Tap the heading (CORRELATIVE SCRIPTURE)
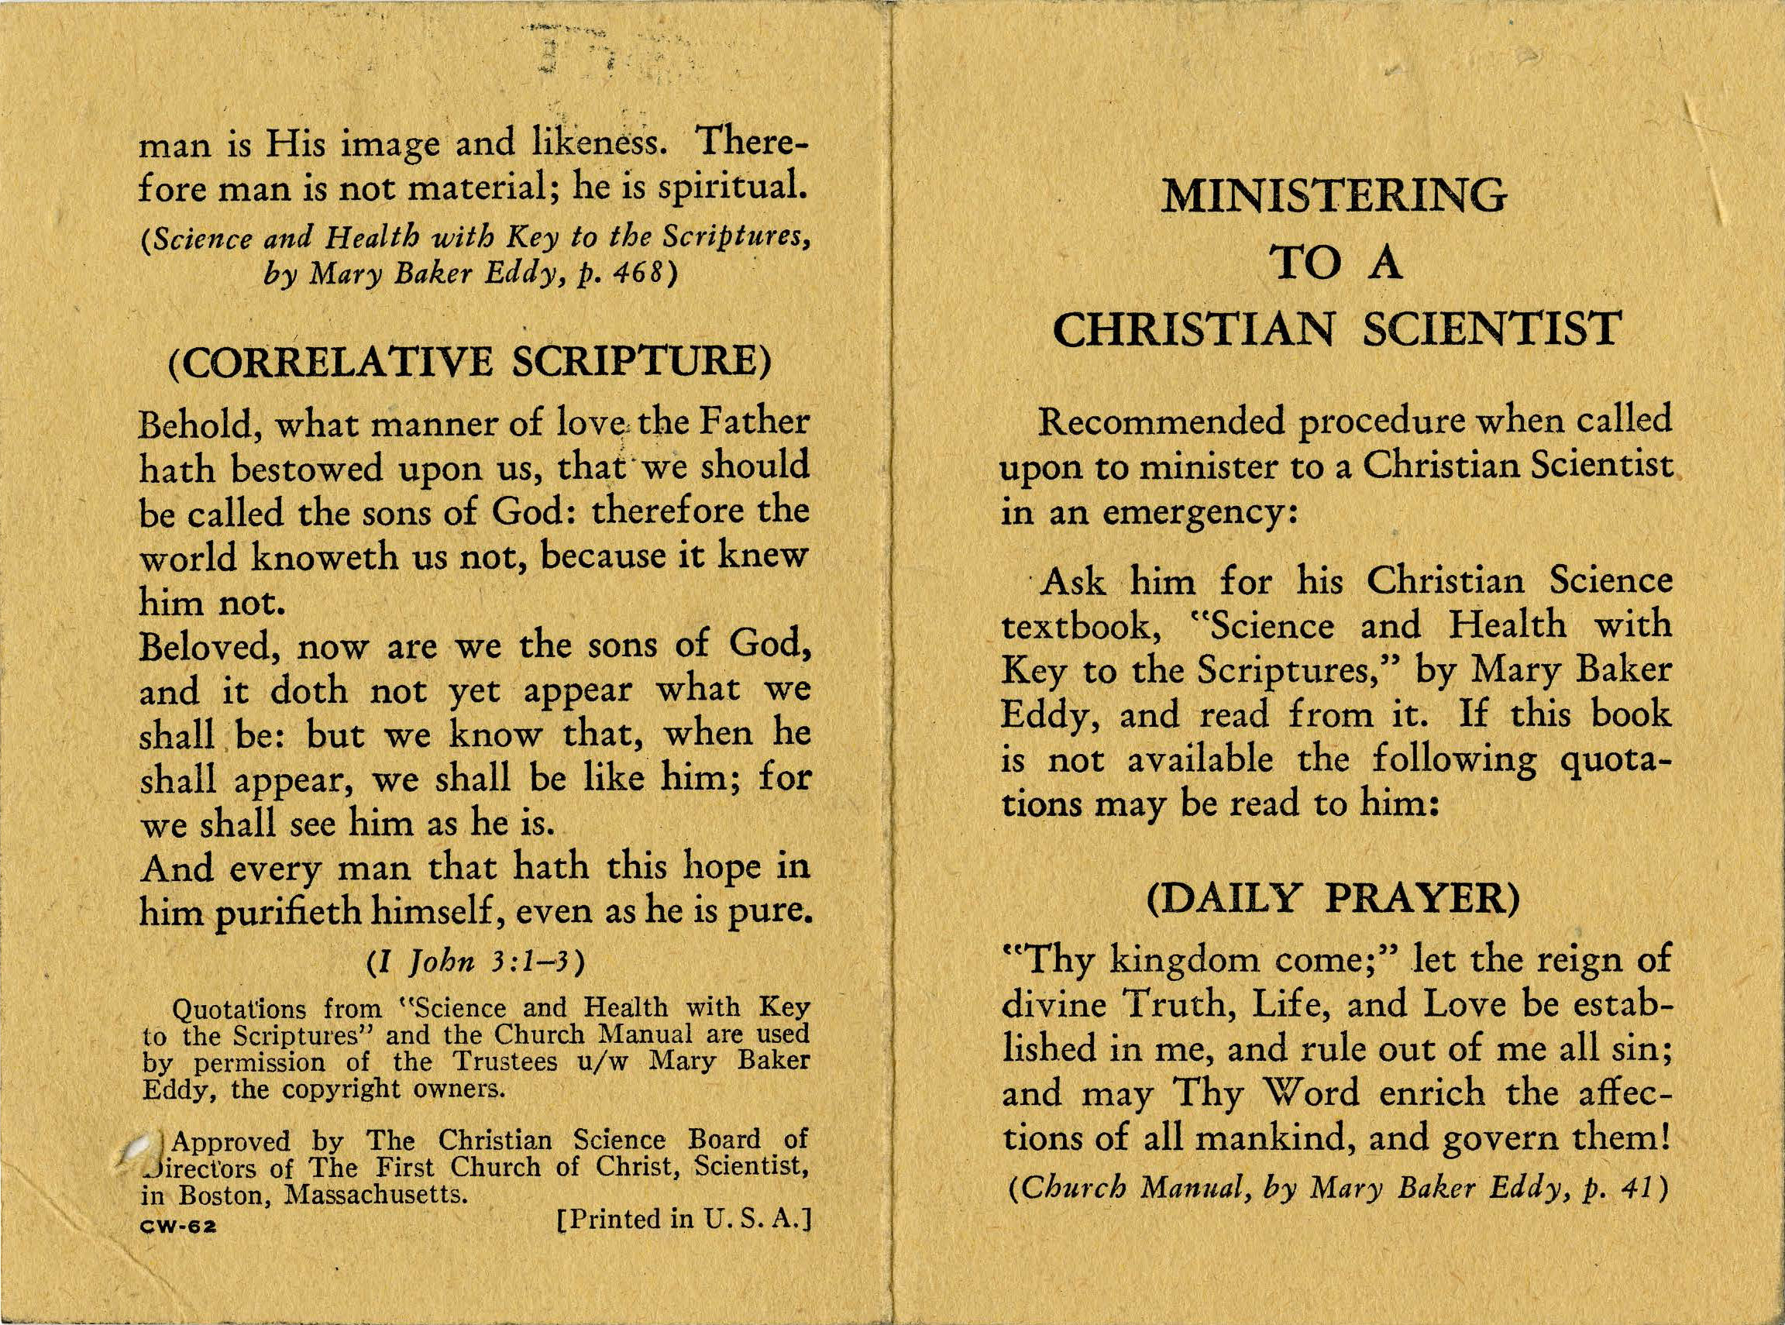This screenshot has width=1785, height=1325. [x=469, y=361]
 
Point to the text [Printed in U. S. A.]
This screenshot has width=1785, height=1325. [x=684, y=1220]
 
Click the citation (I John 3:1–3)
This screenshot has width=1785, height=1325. [x=474, y=962]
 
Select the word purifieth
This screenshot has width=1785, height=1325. [x=279, y=912]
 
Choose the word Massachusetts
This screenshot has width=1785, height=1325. [x=376, y=1195]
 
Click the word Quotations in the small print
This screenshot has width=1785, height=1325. [x=236, y=1007]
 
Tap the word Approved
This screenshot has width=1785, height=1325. [x=232, y=1141]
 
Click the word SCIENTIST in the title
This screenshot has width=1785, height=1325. [x=1494, y=329]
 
